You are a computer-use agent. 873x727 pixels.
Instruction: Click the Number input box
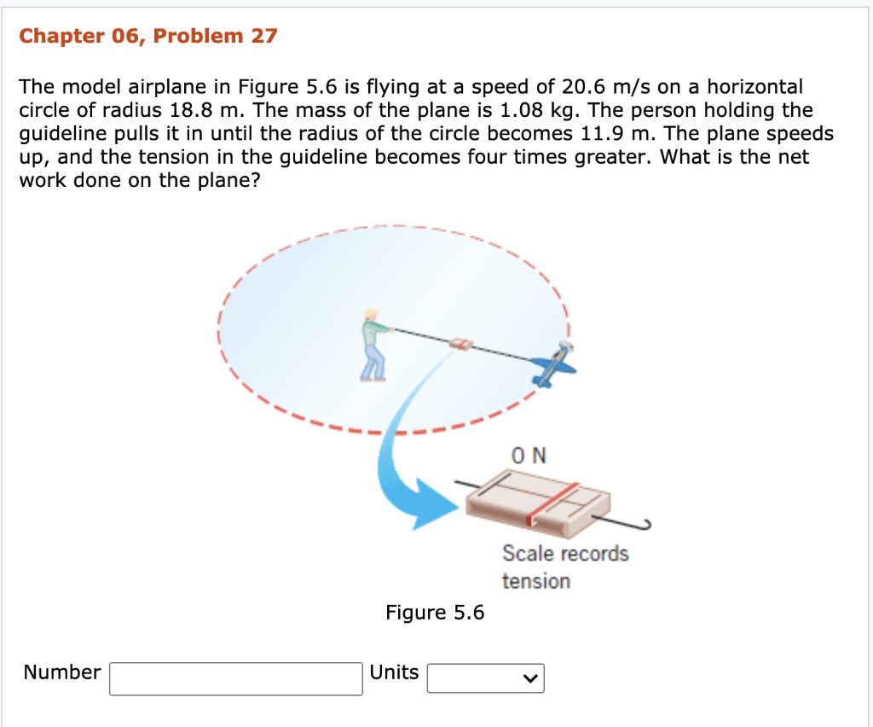[235, 678]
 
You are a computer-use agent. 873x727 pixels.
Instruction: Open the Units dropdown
[485, 678]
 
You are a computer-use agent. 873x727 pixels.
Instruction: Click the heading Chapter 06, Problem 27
[147, 36]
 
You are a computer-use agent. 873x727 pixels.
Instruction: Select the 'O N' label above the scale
[529, 456]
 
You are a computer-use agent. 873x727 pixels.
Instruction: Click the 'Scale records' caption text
[565, 553]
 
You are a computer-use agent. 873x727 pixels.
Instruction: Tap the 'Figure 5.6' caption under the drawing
[435, 612]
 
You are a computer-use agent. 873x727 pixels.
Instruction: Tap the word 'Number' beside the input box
[62, 672]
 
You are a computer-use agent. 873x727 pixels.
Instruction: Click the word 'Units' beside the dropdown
[394, 672]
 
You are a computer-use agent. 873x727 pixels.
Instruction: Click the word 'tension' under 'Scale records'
[535, 581]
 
